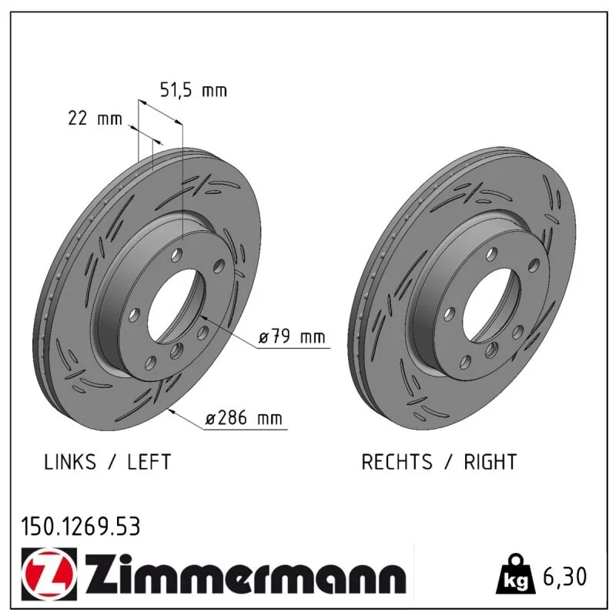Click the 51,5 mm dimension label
(x=193, y=91)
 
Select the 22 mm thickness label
(x=95, y=119)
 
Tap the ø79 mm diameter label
(x=292, y=337)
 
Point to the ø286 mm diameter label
(x=244, y=418)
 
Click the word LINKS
(x=70, y=462)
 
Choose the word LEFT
(x=149, y=462)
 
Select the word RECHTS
(x=397, y=462)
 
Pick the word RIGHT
(x=490, y=462)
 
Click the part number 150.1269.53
(x=81, y=527)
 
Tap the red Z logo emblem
(x=49, y=574)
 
